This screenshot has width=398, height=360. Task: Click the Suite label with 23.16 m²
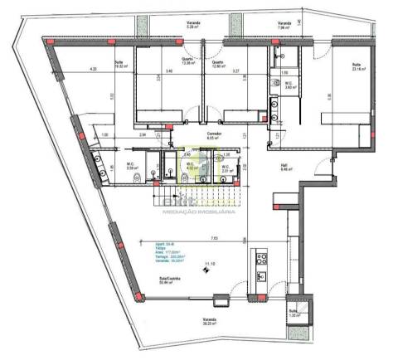pos(357,66)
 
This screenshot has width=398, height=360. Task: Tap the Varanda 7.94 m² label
pos(284,24)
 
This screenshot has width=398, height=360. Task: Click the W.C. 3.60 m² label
pos(288,107)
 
